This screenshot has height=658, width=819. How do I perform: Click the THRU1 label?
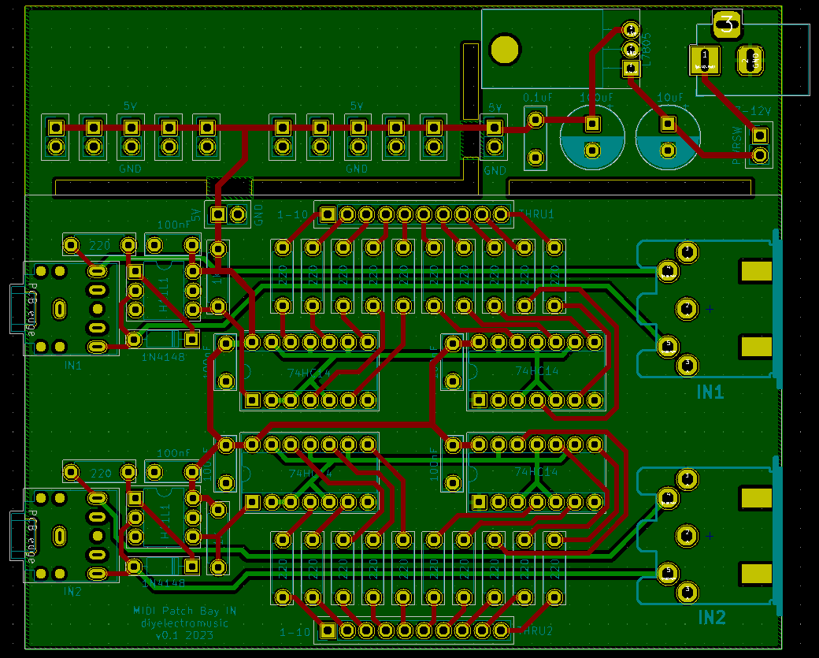537,214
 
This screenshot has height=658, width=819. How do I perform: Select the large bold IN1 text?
710,392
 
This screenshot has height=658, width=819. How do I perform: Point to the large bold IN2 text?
711,617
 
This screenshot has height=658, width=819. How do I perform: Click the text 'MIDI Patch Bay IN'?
184,611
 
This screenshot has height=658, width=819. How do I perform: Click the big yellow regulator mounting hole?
504,49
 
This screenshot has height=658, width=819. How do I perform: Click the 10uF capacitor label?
670,98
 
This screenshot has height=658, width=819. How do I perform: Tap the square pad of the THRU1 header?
328,214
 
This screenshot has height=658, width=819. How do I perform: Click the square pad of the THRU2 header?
328,630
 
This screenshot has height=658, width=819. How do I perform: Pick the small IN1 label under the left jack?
73,366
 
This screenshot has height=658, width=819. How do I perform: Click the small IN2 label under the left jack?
72,591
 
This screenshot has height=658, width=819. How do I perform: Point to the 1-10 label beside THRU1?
294,214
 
